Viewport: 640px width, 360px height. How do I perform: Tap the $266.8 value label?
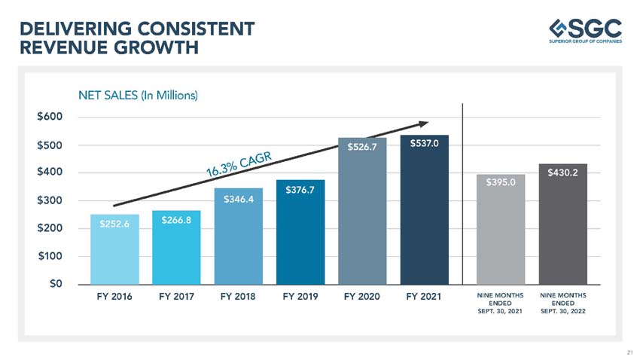(176, 220)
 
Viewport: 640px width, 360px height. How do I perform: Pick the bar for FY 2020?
(362, 211)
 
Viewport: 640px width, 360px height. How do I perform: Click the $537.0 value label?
(424, 144)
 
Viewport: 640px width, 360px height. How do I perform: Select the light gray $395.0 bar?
(501, 230)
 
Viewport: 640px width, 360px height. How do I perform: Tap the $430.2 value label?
(563, 173)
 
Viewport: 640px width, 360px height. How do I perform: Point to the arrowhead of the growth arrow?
(424, 124)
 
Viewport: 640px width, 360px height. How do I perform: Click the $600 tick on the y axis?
(50, 117)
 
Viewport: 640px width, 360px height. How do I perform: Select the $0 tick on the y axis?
(53, 284)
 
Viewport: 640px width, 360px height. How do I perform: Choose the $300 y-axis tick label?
(50, 201)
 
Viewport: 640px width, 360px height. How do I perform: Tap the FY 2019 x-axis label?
(300, 297)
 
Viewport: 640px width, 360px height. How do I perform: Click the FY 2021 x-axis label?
(424, 297)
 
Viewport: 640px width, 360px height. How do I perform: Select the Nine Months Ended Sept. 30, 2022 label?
(563, 303)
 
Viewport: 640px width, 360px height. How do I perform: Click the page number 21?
(629, 352)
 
